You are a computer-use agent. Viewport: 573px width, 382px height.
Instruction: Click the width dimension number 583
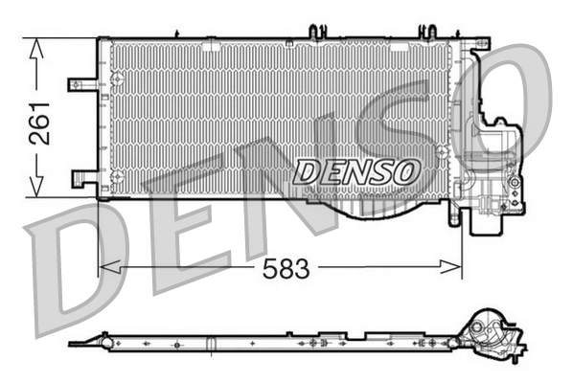(287, 270)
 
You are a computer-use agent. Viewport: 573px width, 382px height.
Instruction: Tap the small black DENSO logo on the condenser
(356, 171)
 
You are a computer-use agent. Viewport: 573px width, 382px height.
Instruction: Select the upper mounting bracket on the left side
(81, 84)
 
